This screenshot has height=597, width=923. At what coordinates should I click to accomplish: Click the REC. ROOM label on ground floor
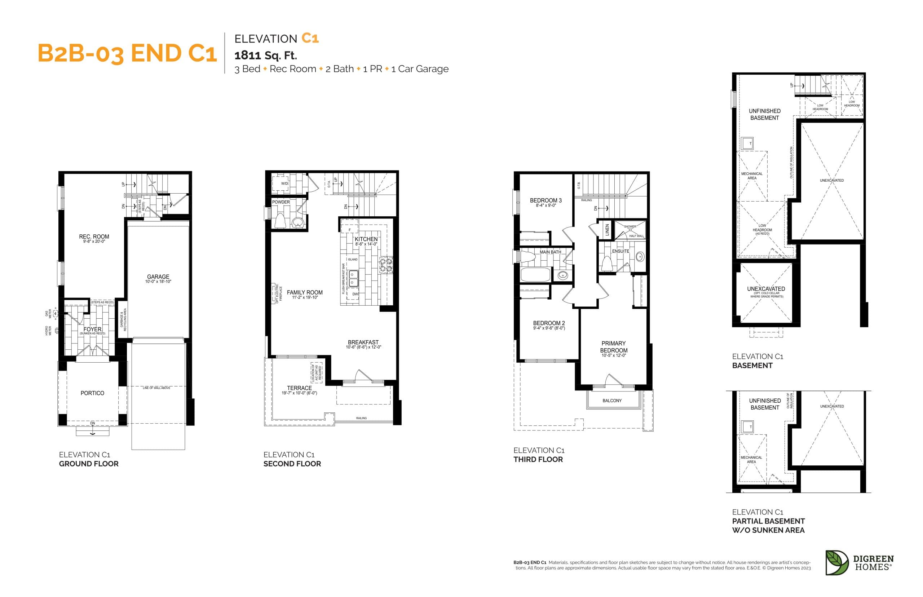pyautogui.click(x=94, y=236)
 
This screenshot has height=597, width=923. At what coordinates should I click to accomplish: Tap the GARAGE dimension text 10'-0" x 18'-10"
pyautogui.click(x=158, y=282)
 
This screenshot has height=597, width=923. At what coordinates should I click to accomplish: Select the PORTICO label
pyautogui.click(x=92, y=393)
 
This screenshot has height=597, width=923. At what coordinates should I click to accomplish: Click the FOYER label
pyautogui.click(x=92, y=329)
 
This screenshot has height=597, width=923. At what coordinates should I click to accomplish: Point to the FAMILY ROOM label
pyautogui.click(x=304, y=292)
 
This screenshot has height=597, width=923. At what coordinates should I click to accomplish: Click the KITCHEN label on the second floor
pyautogui.click(x=366, y=239)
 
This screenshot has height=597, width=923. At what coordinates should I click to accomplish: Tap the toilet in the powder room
pyautogui.click(x=280, y=221)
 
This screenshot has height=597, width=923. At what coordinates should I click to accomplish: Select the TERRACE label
pyautogui.click(x=299, y=388)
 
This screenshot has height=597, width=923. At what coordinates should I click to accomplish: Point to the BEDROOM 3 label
pyautogui.click(x=546, y=200)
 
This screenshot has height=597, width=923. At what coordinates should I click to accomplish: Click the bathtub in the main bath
pyautogui.click(x=535, y=274)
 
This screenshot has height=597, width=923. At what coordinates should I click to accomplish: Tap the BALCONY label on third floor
pyautogui.click(x=612, y=401)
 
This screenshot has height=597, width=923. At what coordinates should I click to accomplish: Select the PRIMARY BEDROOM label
pyautogui.click(x=613, y=346)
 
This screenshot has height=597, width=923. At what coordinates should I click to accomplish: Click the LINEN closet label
pyautogui.click(x=607, y=230)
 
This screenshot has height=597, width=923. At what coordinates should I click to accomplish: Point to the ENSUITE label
pyautogui.click(x=620, y=251)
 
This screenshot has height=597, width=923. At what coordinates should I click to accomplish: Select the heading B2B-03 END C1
pyautogui.click(x=127, y=53)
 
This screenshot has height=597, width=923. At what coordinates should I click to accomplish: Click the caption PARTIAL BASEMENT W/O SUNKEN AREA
pyautogui.click(x=768, y=525)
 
